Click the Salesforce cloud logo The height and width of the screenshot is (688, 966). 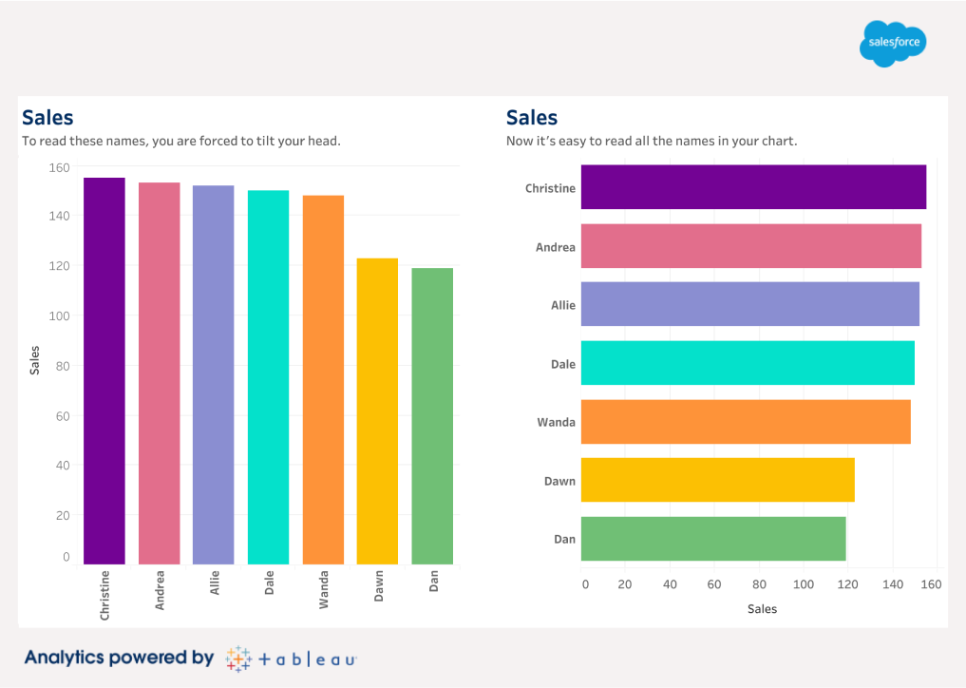pos(893,44)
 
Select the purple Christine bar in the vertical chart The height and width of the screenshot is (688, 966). pos(104,371)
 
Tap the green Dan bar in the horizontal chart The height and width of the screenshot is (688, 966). pos(712,539)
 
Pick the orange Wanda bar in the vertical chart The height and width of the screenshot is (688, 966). pos(323,380)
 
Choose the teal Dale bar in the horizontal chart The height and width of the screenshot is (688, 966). pos(747,363)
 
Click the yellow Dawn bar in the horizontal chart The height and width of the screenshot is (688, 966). pos(717,480)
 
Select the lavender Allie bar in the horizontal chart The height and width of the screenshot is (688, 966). pos(749,304)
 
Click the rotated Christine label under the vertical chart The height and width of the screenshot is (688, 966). pos(104,595)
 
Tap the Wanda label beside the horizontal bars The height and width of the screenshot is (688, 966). pos(556,422)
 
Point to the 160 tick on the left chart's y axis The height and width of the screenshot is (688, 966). pos(60,167)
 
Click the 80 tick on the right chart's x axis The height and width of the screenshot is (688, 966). pos(759,584)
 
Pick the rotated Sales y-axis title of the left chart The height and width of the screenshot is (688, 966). pos(35,360)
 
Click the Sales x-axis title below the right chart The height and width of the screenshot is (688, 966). pos(762,609)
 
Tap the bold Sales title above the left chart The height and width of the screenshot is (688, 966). pos(47,118)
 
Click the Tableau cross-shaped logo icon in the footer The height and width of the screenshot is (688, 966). pos(238,659)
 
